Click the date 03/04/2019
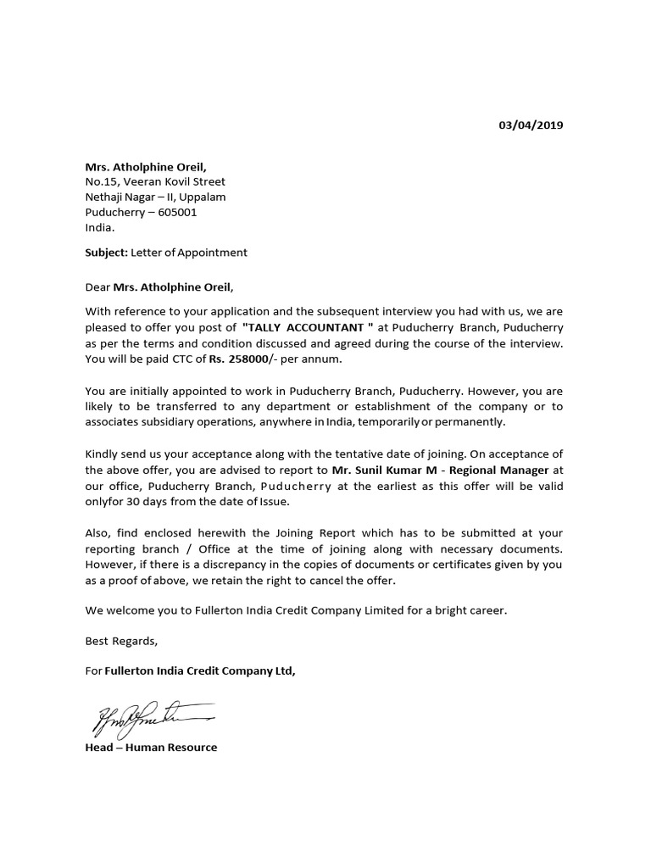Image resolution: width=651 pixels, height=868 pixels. point(530,125)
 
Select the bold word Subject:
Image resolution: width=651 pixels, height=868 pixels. point(106,252)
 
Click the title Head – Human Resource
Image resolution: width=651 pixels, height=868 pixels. point(151,747)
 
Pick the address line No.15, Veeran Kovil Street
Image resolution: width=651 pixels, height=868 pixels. point(155,181)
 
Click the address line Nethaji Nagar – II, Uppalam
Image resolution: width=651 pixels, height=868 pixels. point(155,197)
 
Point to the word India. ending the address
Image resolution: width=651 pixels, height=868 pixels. point(100,227)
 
